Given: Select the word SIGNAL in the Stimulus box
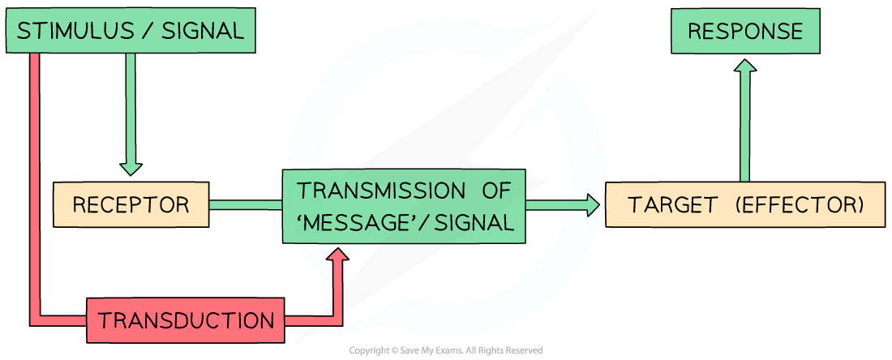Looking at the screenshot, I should [x=202, y=32].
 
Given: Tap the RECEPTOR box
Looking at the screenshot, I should [x=130, y=205].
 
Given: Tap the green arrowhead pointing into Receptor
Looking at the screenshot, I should [x=130, y=169].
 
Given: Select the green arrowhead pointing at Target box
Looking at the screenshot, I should [x=594, y=205].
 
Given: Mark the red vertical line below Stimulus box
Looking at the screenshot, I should [x=34, y=178].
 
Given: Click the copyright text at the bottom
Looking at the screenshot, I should [x=445, y=351].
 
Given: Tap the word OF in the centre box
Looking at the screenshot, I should [x=494, y=191].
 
